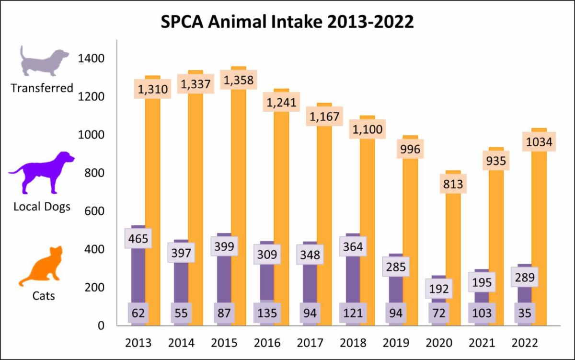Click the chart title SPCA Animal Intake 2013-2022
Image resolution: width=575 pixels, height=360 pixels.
287,22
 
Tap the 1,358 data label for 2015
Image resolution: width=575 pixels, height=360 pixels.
239,79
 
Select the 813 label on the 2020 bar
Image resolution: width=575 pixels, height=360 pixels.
454,184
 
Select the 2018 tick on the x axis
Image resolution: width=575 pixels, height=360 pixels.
353,343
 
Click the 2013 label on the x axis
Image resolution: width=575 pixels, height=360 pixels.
138,343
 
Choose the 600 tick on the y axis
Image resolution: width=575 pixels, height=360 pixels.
94,211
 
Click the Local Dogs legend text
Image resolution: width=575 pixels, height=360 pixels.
42,207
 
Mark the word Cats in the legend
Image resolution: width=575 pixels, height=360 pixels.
44,296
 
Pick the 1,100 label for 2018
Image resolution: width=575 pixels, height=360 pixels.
368,129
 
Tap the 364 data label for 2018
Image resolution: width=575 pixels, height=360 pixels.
353,247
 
